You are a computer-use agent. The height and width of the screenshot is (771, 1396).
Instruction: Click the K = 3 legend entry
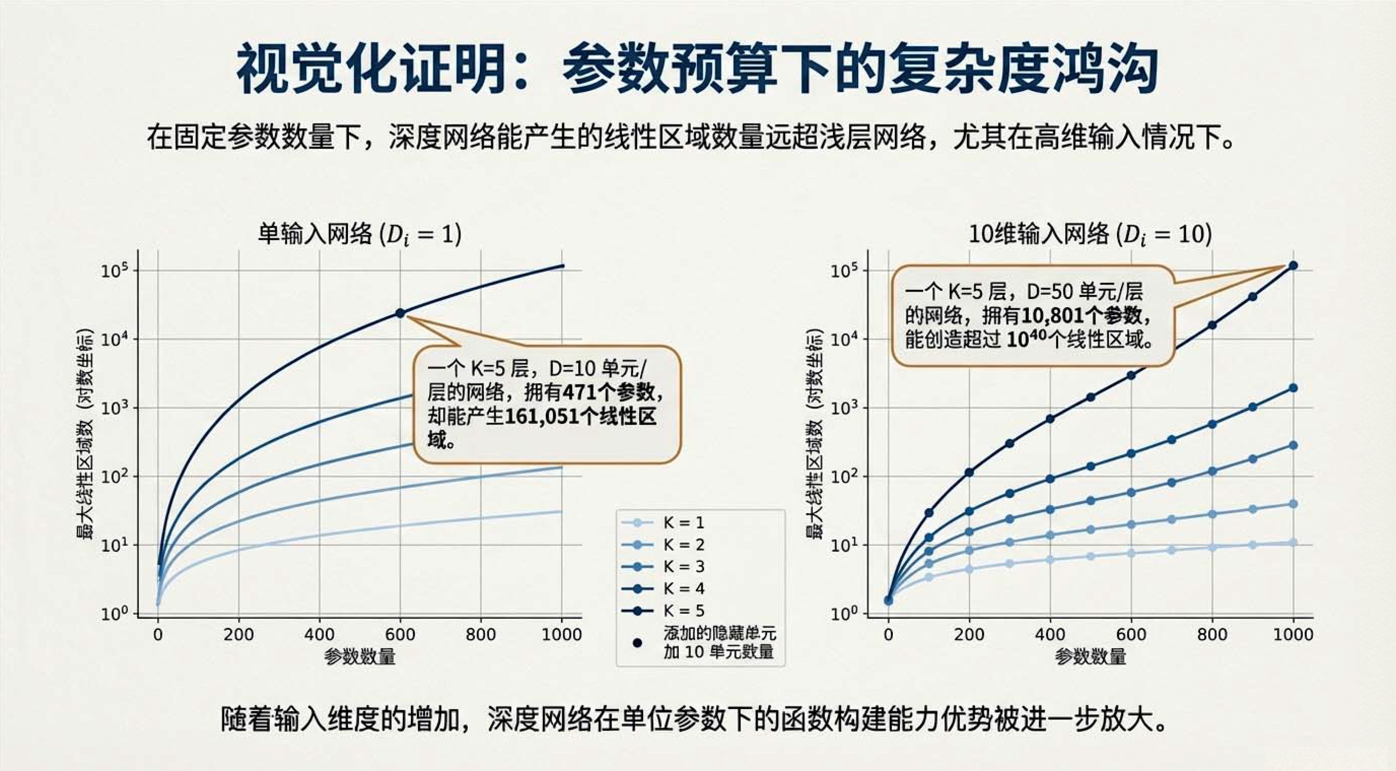(x=684, y=567)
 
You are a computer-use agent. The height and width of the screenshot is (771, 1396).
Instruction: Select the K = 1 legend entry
(x=684, y=523)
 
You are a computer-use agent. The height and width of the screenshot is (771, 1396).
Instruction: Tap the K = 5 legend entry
(x=684, y=611)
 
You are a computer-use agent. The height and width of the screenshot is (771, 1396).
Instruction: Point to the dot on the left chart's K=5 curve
(x=400, y=313)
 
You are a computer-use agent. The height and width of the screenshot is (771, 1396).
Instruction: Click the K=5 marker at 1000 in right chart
(x=1293, y=265)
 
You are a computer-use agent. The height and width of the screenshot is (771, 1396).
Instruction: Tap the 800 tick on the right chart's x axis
(x=1212, y=634)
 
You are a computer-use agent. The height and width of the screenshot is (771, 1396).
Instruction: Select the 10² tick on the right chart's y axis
(x=843, y=476)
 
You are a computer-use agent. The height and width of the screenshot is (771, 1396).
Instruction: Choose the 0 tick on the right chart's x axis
(x=888, y=634)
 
